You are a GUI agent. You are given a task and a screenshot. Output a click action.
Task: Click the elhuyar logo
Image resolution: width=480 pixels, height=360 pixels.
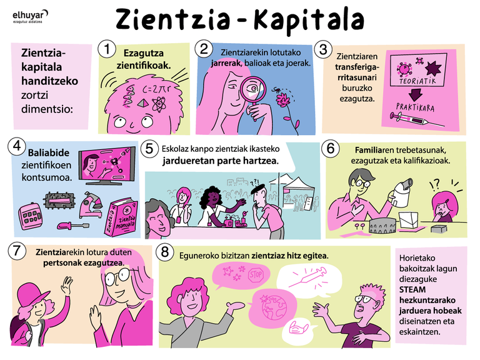click(x=30, y=16)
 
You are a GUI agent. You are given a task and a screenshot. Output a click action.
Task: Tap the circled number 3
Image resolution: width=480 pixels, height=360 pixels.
click(x=323, y=49)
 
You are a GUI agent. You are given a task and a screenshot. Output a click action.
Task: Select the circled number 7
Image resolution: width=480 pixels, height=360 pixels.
click(x=16, y=251)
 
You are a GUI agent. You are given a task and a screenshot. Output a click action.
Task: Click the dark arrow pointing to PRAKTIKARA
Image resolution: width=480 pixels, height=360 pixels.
click(x=416, y=94)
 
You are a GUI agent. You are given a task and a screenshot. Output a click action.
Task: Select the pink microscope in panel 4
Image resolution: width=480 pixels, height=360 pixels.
click(x=90, y=204)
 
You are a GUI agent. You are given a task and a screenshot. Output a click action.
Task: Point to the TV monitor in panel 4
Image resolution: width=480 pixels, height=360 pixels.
click(x=106, y=165)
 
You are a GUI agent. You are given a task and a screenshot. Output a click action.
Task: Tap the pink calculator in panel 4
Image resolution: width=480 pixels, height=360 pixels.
click(x=30, y=216)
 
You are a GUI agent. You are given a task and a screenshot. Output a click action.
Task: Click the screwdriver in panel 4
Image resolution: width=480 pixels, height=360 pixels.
click(x=73, y=226)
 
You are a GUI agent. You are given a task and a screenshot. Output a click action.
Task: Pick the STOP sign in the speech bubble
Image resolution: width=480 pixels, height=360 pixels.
click(x=256, y=274)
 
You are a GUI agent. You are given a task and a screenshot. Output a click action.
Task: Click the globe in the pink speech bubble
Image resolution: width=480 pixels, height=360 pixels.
click(x=273, y=307)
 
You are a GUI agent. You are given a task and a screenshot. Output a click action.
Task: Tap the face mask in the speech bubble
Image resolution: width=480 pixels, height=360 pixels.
click(x=298, y=329)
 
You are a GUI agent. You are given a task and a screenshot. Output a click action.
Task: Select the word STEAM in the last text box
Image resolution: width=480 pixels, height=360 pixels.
click(x=412, y=289)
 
